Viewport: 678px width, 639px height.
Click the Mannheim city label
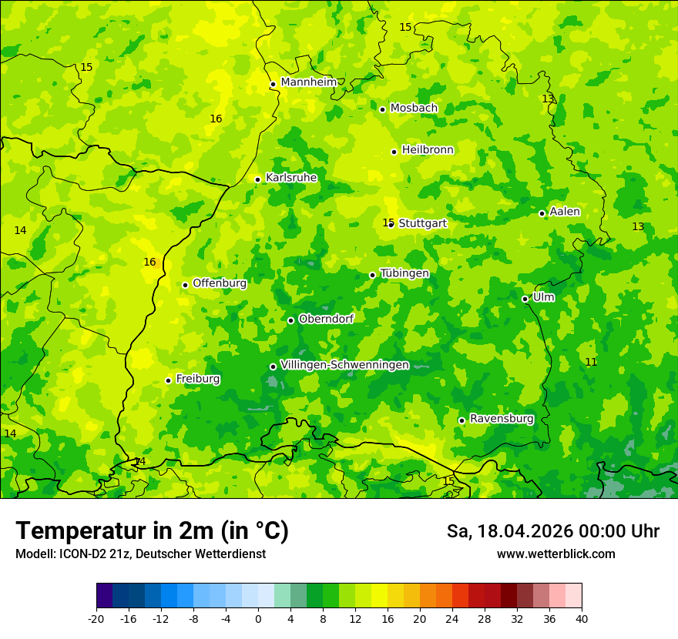click(x=308, y=82)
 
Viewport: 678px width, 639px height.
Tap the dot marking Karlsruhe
click(x=257, y=179)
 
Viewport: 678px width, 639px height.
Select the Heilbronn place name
click(x=428, y=150)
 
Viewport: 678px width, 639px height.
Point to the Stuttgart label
click(x=422, y=223)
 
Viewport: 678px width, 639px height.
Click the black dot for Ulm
click(x=525, y=299)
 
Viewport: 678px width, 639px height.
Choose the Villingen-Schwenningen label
click(x=344, y=365)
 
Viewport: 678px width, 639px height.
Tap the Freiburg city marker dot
click(x=168, y=380)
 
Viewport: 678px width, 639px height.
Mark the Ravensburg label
click(x=502, y=419)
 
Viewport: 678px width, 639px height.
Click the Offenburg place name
click(x=220, y=283)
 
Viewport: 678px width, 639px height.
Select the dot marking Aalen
click(x=542, y=213)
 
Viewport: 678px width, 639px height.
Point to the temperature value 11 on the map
click(x=591, y=362)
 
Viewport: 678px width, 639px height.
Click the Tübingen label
click(x=404, y=273)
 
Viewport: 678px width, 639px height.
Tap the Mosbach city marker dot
click(x=382, y=109)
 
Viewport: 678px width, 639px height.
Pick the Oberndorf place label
click(x=326, y=319)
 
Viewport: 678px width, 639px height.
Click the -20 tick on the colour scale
click(x=96, y=618)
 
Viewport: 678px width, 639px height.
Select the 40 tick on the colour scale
click(x=581, y=618)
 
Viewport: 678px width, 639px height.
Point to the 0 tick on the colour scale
click(x=258, y=618)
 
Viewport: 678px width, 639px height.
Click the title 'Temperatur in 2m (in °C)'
click(x=152, y=531)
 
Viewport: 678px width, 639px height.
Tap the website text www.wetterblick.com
click(x=555, y=554)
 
